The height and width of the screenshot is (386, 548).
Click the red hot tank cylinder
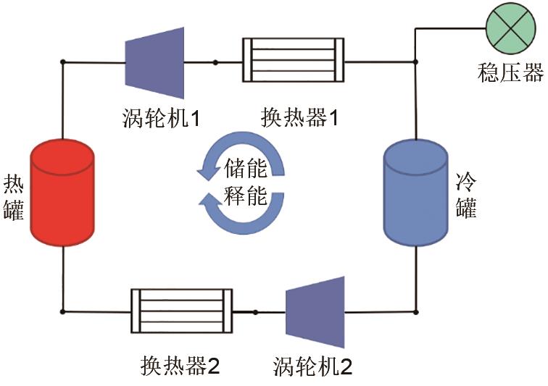click(x=63, y=192)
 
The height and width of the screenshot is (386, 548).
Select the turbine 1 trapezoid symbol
click(x=154, y=62)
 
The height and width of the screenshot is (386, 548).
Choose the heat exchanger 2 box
click(x=181, y=311)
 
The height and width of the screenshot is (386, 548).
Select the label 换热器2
click(x=180, y=366)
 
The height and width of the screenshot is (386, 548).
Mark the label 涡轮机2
click(x=313, y=366)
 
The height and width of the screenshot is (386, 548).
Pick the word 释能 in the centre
click(x=246, y=196)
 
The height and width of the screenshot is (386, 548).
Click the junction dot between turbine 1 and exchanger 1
click(x=215, y=62)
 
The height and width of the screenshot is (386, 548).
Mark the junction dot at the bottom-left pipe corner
click(x=63, y=311)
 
